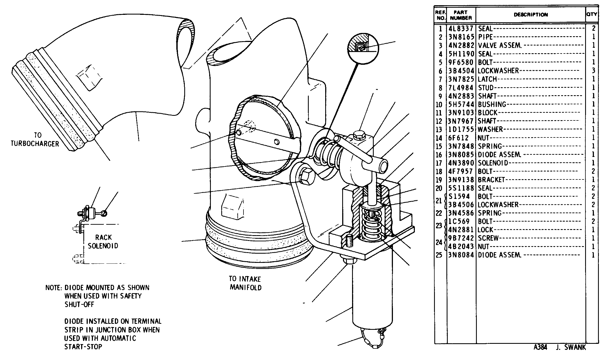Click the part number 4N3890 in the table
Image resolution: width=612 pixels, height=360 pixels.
point(461,163)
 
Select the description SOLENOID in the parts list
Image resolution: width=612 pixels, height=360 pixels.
point(493,163)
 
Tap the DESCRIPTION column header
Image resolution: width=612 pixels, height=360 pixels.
point(531,15)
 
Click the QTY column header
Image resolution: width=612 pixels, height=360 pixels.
point(592,14)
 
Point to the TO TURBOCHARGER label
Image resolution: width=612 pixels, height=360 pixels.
point(35,139)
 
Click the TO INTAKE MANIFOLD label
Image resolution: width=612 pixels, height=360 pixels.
point(245,283)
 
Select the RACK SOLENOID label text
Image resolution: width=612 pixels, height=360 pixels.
point(103,241)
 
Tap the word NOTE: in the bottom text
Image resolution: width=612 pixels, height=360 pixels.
point(53,288)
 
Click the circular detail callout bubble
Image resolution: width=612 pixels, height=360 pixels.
point(363,49)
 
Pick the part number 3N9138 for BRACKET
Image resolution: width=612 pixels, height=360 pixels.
point(461,180)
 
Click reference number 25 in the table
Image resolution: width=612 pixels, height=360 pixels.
point(439,255)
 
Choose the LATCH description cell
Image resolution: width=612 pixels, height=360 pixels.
point(487,79)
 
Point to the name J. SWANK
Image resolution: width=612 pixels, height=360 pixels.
point(571,347)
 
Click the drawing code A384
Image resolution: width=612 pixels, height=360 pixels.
point(540,347)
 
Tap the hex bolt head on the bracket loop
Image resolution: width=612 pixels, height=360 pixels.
point(307,176)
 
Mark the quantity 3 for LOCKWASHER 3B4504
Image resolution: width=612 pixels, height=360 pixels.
point(593,71)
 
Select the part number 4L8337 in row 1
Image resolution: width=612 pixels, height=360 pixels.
point(461,29)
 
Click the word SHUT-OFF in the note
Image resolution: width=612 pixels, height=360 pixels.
point(79,305)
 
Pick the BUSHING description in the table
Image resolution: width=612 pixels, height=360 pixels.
point(492,105)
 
